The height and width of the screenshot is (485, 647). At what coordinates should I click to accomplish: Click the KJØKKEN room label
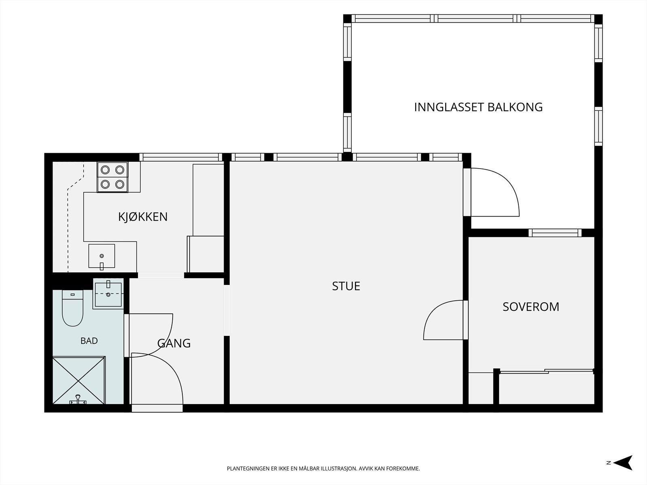(143, 217)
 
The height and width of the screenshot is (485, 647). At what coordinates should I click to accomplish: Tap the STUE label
(346, 286)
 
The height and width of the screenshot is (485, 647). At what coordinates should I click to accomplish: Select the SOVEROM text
(531, 307)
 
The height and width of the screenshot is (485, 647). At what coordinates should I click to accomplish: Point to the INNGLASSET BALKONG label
(478, 107)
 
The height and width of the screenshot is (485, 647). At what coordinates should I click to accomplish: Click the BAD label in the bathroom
(89, 341)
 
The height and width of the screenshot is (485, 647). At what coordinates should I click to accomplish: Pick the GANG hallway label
(174, 344)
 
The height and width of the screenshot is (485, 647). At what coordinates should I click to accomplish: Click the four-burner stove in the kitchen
(112, 177)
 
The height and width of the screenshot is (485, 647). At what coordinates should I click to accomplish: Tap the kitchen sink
(101, 256)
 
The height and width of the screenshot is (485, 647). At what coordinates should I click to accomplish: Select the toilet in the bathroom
(72, 308)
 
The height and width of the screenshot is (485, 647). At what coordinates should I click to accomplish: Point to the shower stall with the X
(79, 380)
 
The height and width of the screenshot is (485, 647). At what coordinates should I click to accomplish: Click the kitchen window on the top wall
(181, 157)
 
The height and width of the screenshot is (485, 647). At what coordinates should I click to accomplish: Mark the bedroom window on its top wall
(555, 233)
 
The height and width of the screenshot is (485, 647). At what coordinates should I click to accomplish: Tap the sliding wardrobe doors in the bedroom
(547, 371)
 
